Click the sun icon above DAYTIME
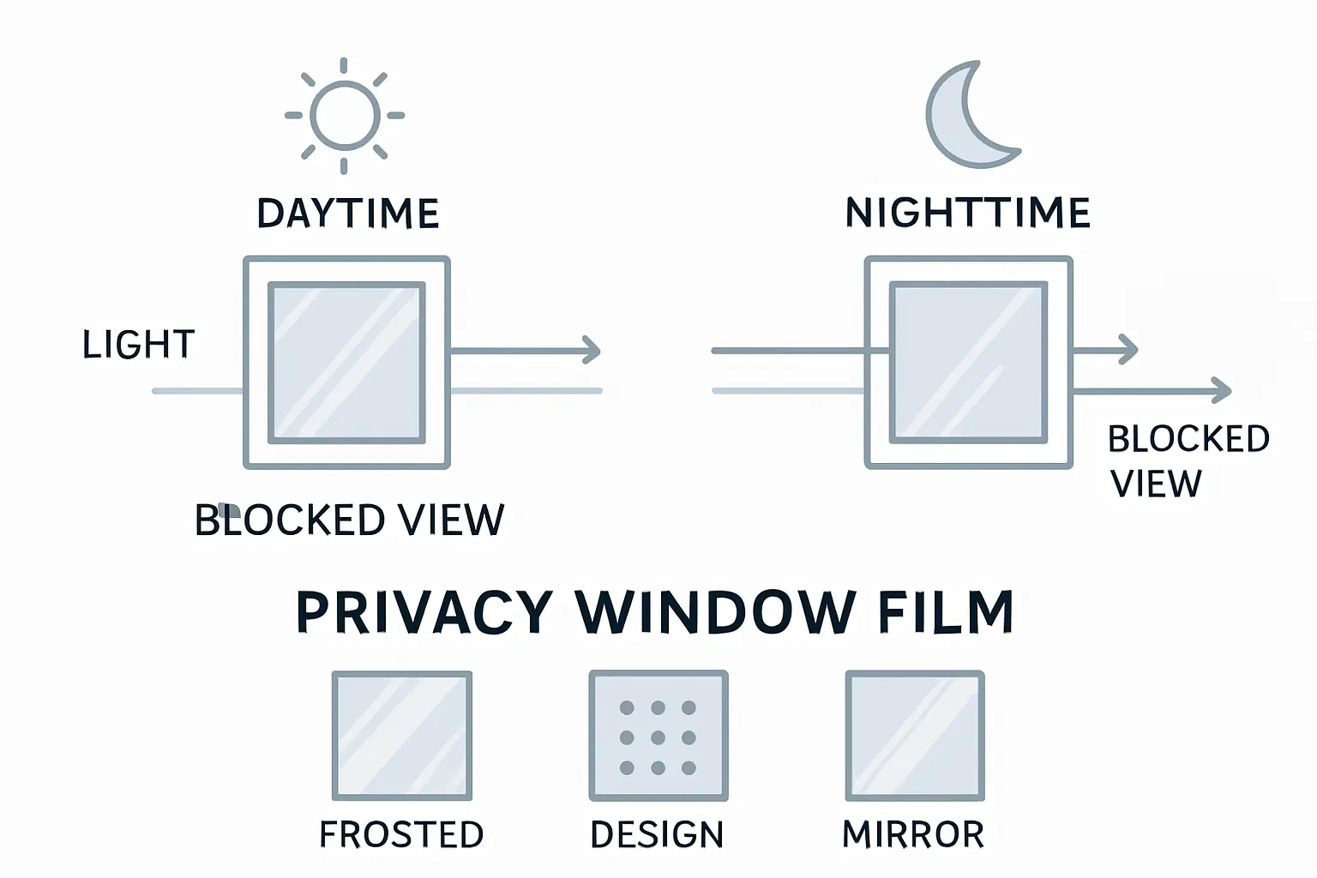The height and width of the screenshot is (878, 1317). [x=345, y=116]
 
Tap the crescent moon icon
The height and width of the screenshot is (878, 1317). [x=967, y=116]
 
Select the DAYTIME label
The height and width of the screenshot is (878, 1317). [x=348, y=213]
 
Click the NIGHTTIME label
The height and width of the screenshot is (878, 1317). [x=968, y=213]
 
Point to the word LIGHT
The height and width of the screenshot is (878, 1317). [x=139, y=345]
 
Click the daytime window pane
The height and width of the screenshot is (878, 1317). [x=346, y=363]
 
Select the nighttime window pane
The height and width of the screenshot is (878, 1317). [x=968, y=363]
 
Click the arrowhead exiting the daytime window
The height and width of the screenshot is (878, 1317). [x=592, y=350]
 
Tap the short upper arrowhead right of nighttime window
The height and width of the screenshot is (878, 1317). [x=1129, y=350]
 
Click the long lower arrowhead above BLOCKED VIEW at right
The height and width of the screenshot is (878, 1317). [x=1223, y=391]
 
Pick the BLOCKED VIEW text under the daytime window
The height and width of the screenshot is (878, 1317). [x=350, y=520]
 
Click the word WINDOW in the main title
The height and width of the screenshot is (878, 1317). [x=716, y=612]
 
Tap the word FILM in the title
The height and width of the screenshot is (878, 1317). [x=946, y=612]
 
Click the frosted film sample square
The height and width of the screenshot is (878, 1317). [x=402, y=736]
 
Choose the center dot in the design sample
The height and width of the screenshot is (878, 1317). [x=658, y=737]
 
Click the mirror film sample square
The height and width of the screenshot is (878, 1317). [x=915, y=736]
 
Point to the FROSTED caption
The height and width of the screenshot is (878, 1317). [x=401, y=834]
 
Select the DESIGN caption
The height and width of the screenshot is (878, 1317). [x=657, y=834]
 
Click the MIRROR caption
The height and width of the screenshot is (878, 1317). [x=913, y=834]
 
